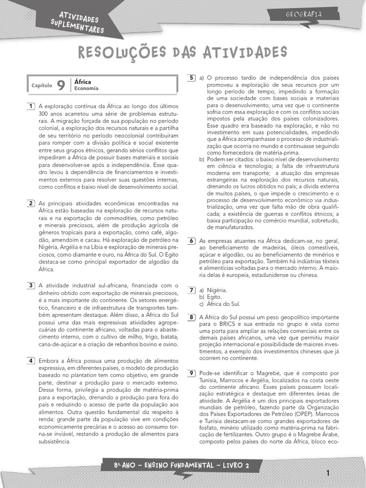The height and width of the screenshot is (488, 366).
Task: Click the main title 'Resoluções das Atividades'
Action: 183,52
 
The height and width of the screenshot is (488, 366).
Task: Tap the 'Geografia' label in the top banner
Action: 304,15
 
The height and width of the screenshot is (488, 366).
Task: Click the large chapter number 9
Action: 61,85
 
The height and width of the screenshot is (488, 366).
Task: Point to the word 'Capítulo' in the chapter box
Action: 41,86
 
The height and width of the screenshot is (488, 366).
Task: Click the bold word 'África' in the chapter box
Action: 83,82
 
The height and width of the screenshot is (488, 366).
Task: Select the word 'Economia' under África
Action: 86,89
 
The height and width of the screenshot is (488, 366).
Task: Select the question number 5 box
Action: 191,78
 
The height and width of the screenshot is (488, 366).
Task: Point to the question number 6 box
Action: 191,241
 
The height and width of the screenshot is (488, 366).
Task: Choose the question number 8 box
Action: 191,317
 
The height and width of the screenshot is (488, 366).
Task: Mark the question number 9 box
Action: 191,373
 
